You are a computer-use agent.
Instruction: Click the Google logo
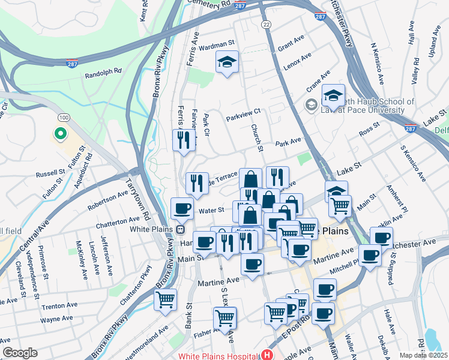(20, 353)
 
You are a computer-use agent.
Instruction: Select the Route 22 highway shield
(266, 23)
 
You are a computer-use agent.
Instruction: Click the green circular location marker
(60, 133)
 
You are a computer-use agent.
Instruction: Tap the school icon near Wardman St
(227, 62)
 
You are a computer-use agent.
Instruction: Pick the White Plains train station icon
(179, 229)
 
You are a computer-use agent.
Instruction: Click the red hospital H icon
(267, 355)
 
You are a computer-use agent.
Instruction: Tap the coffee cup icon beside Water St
(182, 209)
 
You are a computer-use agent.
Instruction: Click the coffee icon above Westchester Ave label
(381, 237)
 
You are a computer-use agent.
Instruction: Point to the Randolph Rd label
(103, 71)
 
